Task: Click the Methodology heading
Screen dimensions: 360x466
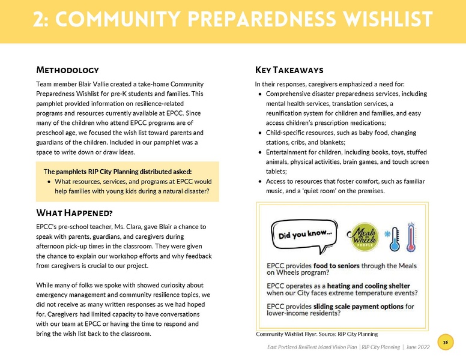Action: [67, 70]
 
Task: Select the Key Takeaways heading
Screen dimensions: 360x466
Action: [289, 70]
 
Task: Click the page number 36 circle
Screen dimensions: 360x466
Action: [445, 342]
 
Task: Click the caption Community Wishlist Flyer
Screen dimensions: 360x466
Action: [291, 334]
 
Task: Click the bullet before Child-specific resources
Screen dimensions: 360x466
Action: [259, 133]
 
